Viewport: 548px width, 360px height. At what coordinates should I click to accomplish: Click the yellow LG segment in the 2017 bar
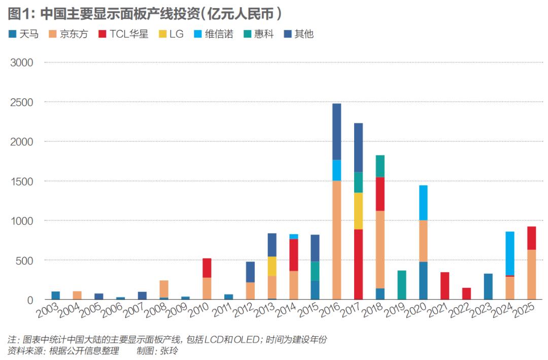click(x=358, y=211)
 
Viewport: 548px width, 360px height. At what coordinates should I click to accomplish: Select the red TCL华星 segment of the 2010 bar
click(x=207, y=268)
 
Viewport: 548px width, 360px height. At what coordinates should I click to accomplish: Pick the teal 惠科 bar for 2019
click(x=401, y=285)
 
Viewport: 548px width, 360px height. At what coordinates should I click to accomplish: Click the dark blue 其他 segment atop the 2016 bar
click(x=336, y=132)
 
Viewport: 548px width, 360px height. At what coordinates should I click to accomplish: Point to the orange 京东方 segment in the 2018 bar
click(x=380, y=249)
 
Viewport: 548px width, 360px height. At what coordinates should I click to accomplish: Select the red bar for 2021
click(x=444, y=286)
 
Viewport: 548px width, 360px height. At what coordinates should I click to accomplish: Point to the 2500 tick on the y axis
click(x=21, y=102)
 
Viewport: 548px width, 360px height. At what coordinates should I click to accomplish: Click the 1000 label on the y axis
click(x=21, y=221)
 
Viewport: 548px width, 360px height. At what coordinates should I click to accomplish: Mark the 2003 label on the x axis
click(x=48, y=311)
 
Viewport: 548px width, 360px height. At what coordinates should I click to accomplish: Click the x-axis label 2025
click(x=525, y=311)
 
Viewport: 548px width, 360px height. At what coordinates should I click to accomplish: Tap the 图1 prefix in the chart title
click(x=19, y=13)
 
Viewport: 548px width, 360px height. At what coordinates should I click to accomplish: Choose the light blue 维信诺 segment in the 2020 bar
click(x=423, y=203)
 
